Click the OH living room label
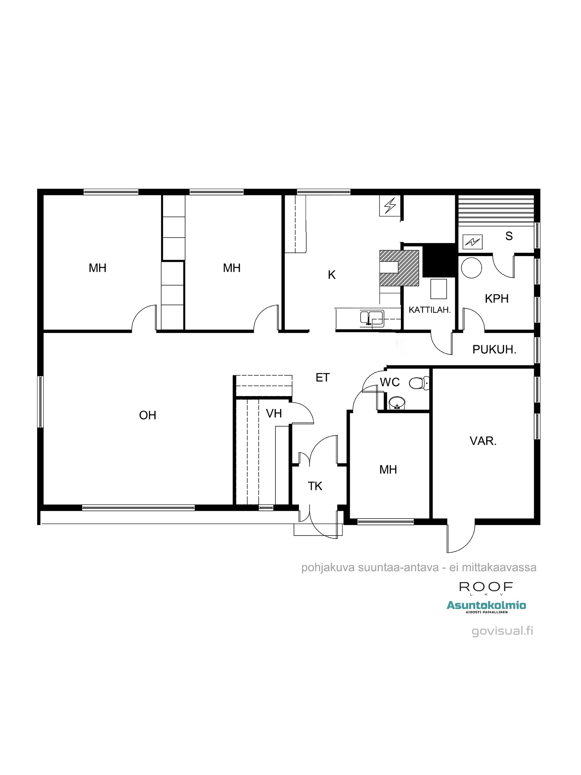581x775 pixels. click(148, 415)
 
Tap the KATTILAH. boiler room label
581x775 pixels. click(430, 310)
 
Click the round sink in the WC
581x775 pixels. click(397, 403)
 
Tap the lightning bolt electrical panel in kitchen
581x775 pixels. click(390, 206)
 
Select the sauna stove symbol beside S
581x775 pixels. click(473, 242)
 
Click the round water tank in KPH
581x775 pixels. click(471, 268)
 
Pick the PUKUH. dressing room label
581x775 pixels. click(494, 350)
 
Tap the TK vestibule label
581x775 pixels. click(315, 486)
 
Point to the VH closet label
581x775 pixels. click(274, 413)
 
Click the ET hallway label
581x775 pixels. click(323, 377)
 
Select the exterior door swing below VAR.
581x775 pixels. click(461, 537)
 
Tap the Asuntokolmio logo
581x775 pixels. click(486, 606)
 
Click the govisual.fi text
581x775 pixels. click(502, 631)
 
